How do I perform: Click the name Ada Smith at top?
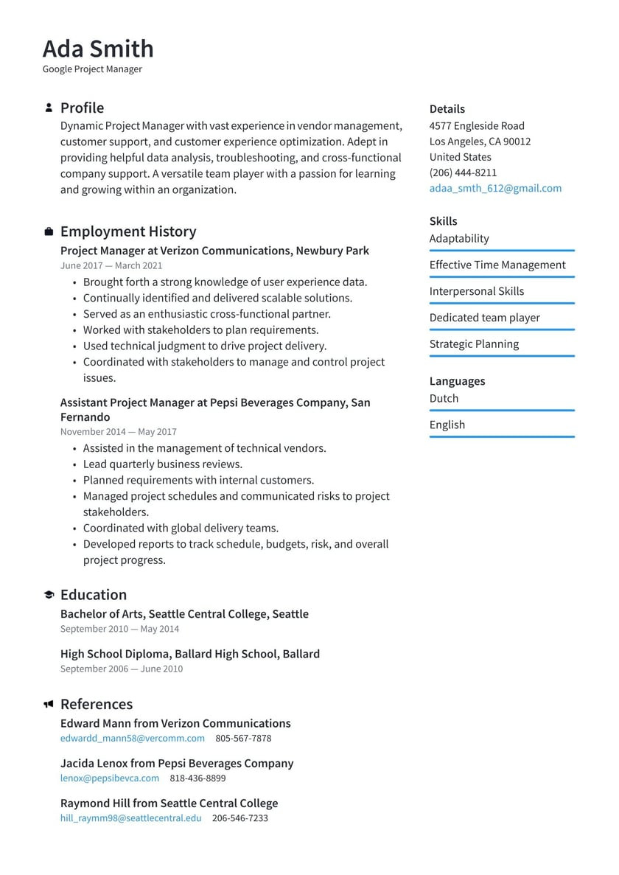pos(98,49)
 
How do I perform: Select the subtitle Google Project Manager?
pos(92,69)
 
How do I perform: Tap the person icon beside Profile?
pos(49,108)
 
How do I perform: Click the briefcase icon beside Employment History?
pos(49,231)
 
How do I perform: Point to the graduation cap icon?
pos(49,595)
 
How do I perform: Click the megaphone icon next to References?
pos(49,704)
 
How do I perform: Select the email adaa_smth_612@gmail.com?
pos(495,188)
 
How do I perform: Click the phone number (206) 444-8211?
pos(463,172)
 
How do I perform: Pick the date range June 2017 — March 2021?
pos(111,265)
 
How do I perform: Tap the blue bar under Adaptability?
pos(502,251)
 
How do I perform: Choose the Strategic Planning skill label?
pos(474,344)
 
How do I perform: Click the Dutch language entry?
pos(444,398)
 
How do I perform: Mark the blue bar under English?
pos(502,437)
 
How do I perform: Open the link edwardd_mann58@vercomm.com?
pos(133,738)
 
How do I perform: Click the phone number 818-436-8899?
pos(197,778)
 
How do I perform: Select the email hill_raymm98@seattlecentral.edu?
pos(130,818)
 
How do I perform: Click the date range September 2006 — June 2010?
pos(122,669)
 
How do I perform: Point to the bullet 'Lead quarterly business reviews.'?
pos(162,464)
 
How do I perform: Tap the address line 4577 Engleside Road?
pos(477,126)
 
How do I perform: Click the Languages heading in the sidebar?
pos(457,381)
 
